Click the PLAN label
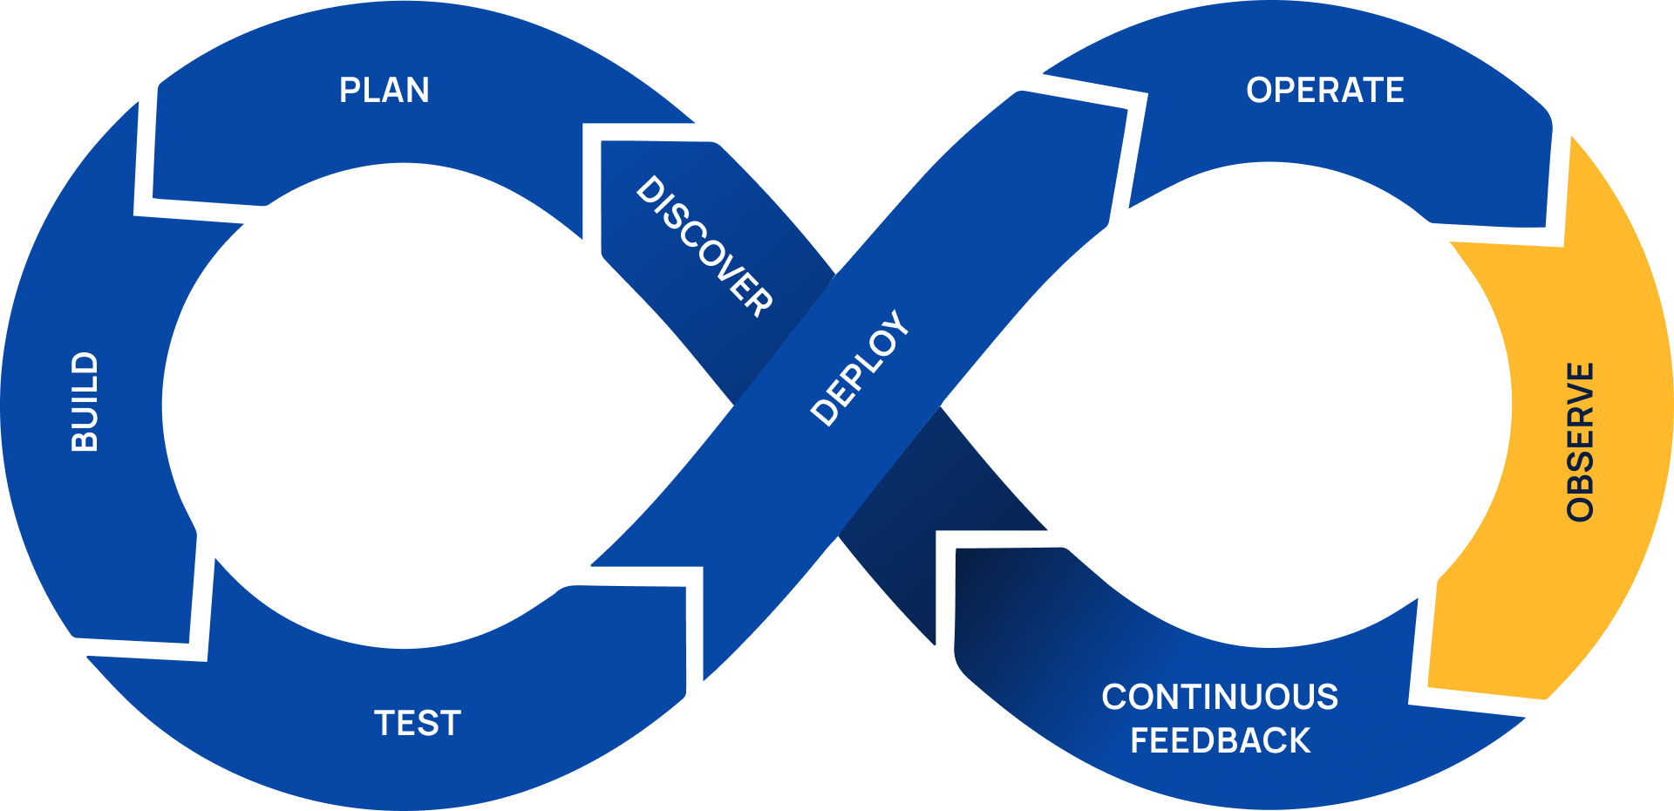[384, 90]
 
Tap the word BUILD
[85, 402]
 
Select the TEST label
[418, 723]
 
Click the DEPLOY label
[860, 368]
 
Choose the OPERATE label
[1324, 90]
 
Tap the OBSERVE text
[1580, 442]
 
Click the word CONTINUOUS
[1220, 697]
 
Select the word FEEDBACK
[1220, 740]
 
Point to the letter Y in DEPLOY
[897, 322]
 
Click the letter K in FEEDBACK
[1298, 740]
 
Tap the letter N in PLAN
[417, 90]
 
